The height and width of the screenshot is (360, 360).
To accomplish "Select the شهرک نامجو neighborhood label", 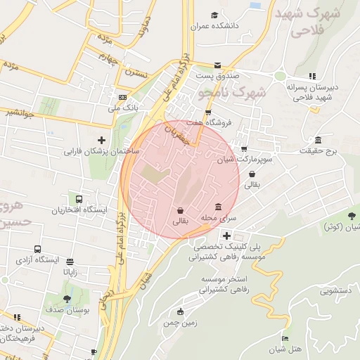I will point(233,92).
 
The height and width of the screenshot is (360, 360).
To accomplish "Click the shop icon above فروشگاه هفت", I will point(207,112).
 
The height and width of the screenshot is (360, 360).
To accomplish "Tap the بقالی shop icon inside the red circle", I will point(181,210).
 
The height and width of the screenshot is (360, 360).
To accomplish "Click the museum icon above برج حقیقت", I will point(319,139).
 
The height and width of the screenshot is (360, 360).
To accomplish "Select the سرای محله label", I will point(219,219).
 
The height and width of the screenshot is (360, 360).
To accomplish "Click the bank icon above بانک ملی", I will point(123,97).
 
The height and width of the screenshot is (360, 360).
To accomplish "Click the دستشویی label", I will point(340,290).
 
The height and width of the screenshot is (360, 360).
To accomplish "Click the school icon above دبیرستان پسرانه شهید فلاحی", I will point(311,76).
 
